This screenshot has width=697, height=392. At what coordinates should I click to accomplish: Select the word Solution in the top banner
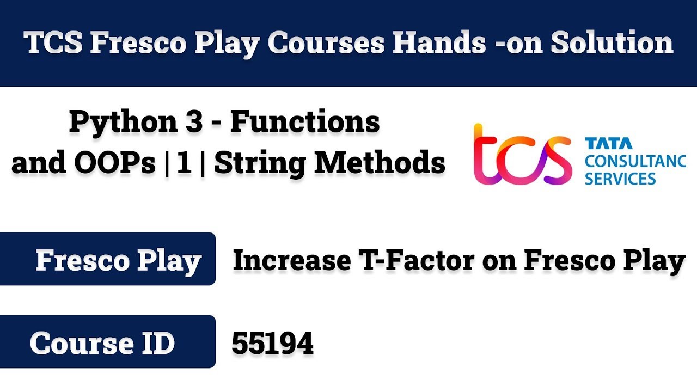[612, 43]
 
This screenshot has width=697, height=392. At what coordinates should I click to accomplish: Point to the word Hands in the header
[439, 43]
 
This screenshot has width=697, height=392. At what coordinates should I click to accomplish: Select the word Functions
[304, 122]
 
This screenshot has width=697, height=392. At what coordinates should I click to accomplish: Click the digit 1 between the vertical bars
[184, 163]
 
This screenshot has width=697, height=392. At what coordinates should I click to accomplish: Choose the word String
[259, 163]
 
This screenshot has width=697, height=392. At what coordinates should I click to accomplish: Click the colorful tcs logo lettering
[522, 155]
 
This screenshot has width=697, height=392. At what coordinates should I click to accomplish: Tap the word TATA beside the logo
[608, 144]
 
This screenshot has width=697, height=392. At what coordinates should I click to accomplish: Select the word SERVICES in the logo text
[620, 179]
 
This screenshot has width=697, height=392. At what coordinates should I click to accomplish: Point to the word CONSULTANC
[635, 161]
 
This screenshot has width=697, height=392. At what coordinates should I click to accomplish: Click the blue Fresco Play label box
[108, 260]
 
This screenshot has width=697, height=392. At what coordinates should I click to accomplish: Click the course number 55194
[272, 344]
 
